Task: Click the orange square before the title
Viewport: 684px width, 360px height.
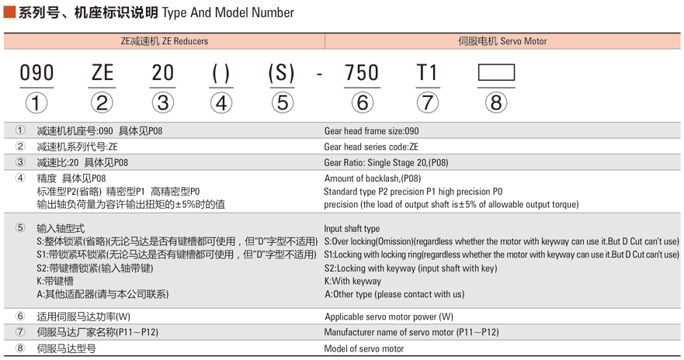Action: coord(10,12)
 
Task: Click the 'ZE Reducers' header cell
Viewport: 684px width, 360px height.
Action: coord(165,41)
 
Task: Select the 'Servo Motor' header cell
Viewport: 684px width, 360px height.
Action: coord(502,41)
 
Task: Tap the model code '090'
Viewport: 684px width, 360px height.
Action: coord(36,73)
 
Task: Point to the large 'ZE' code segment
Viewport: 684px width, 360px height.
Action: coord(102,73)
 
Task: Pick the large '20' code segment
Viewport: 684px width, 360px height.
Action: coord(162,73)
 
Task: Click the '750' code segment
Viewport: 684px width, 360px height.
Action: coord(362,73)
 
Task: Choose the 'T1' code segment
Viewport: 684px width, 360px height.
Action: coord(427,73)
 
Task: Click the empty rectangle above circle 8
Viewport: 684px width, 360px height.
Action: coord(496,73)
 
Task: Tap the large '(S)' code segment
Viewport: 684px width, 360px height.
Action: coord(281,73)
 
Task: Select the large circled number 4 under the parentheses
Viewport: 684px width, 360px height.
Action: coord(221,102)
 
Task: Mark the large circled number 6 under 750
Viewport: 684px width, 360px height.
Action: coord(362,102)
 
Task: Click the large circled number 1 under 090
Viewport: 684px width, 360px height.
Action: coord(36,102)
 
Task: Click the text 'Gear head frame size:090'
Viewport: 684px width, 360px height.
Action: coord(371,131)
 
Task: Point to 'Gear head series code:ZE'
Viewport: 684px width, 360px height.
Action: coord(370,147)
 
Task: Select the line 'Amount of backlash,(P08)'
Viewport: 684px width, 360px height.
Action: coord(372,178)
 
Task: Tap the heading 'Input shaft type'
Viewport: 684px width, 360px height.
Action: coord(352,229)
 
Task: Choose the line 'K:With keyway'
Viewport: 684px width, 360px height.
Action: coord(352,281)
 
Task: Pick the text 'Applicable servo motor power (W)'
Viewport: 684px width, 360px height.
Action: coord(388,317)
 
